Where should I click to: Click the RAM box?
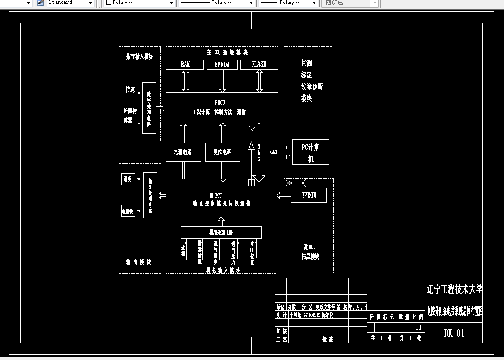tap(185, 64)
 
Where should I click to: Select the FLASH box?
tap(259, 64)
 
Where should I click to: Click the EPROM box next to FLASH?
tap(222, 64)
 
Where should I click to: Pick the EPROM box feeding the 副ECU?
tap(309, 196)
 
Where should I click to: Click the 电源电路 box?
tap(183, 152)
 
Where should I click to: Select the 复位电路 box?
tap(222, 152)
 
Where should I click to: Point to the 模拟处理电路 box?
tap(221, 233)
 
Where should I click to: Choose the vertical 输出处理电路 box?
tap(150, 195)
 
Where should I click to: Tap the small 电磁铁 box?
tap(128, 211)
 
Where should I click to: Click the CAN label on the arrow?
tap(274, 152)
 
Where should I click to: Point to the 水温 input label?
tap(183, 250)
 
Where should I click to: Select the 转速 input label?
tap(130, 90)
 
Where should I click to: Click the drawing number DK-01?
tap(454, 333)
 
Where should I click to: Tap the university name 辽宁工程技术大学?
tap(454, 289)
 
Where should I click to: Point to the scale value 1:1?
tap(418, 328)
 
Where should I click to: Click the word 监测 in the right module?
tap(306, 63)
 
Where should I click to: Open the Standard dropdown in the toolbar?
tap(90, 3)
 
